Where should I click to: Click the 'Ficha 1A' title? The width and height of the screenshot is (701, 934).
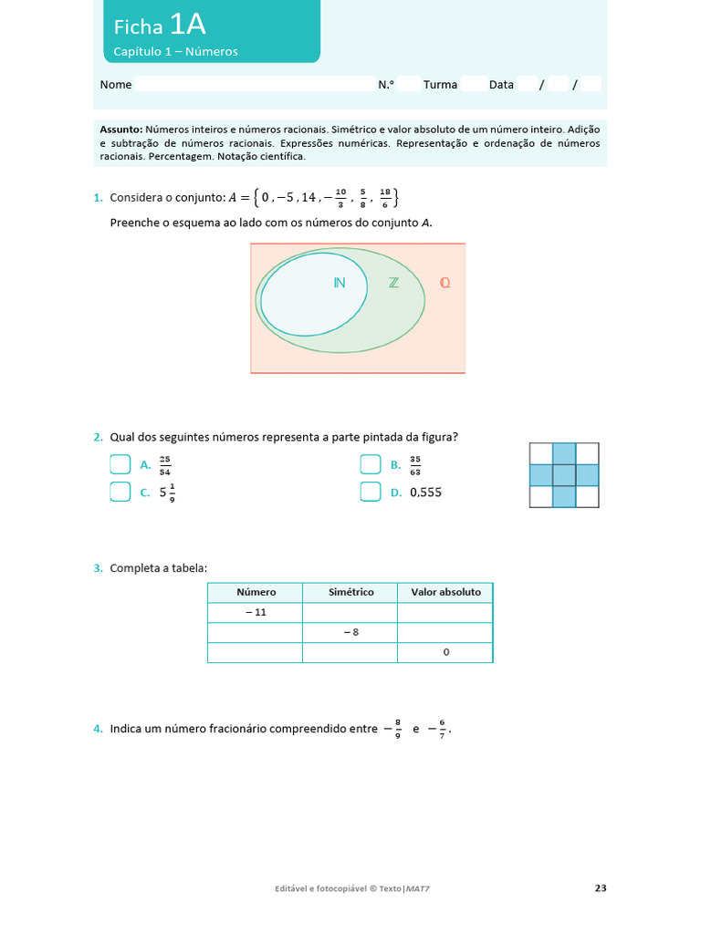(160, 26)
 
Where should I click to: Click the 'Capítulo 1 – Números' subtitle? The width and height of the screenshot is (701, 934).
(175, 52)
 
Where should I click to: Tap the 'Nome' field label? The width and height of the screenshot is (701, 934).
(116, 85)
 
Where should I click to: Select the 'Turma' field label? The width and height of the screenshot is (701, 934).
(440, 85)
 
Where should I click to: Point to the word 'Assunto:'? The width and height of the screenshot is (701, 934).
(120, 130)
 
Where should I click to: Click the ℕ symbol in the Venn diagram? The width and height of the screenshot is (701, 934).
(340, 283)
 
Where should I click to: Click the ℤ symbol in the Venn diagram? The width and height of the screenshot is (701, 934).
(393, 283)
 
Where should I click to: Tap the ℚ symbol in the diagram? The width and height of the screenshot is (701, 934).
(445, 283)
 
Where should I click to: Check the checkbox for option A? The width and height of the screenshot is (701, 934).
(120, 465)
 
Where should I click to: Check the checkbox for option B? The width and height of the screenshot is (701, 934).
(370, 465)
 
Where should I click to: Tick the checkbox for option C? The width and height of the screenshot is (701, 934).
(120, 493)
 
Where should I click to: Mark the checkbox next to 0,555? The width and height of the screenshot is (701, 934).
(370, 493)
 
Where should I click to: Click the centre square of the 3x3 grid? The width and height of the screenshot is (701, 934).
(564, 475)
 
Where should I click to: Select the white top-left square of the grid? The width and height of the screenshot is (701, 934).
(541, 453)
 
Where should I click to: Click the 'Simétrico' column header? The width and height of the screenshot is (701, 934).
(350, 592)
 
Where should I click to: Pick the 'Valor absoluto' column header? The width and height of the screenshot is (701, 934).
(445, 592)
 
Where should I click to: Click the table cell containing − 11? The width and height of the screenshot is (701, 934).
(255, 612)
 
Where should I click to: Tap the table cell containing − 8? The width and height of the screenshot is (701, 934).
(350, 632)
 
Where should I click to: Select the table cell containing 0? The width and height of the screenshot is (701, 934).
(445, 653)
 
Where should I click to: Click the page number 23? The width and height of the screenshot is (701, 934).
(600, 887)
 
